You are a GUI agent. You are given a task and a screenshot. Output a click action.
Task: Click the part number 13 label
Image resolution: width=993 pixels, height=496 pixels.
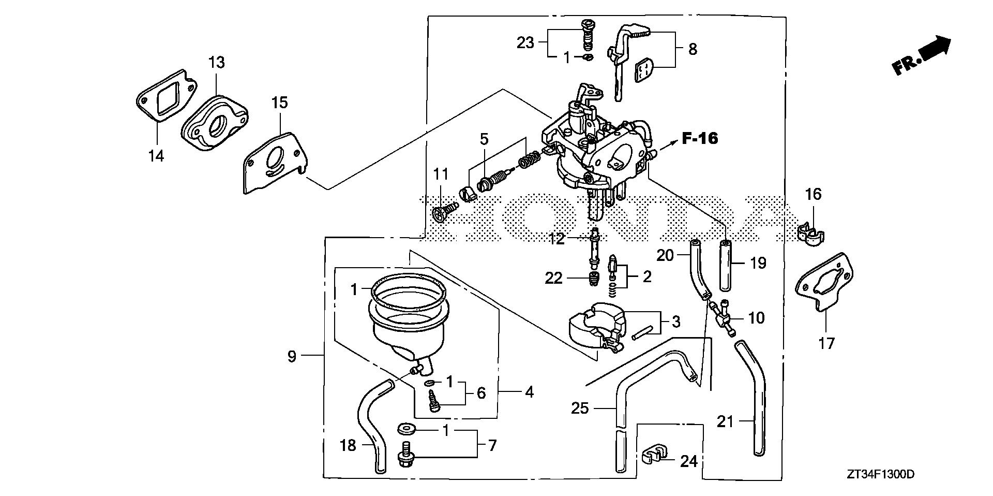coord(217,63)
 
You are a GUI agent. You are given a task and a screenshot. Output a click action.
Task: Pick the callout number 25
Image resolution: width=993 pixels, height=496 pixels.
coord(580,409)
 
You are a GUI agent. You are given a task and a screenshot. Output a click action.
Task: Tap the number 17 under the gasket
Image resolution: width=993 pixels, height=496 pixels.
coord(826,343)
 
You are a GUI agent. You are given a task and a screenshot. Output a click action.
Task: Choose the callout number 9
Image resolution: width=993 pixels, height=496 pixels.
coord(292,356)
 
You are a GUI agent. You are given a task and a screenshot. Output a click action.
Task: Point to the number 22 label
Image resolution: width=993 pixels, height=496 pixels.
coord(553,279)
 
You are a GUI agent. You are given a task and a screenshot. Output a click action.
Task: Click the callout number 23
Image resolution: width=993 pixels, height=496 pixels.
coord(525,42)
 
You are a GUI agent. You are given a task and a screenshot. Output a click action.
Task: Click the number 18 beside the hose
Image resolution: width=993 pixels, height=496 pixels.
coord(348,445)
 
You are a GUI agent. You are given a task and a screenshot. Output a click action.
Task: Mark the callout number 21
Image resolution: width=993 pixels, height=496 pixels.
coord(726,422)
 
